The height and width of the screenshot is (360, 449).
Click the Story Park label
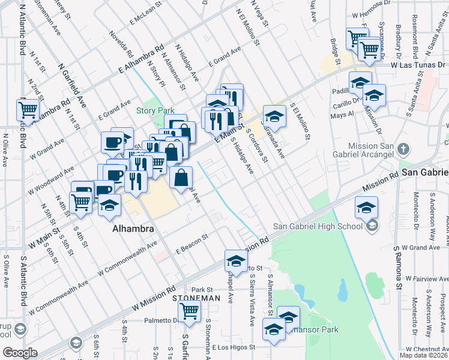[155, 110]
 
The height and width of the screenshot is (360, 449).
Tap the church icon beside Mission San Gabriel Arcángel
[405, 148]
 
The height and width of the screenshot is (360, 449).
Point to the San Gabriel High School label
[318, 226]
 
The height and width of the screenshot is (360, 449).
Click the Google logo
[20, 353]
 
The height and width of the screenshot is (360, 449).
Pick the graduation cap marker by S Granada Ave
[274, 115]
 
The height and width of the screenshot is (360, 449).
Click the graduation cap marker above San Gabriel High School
[366, 208]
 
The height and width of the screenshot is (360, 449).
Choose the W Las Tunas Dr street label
[418, 64]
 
